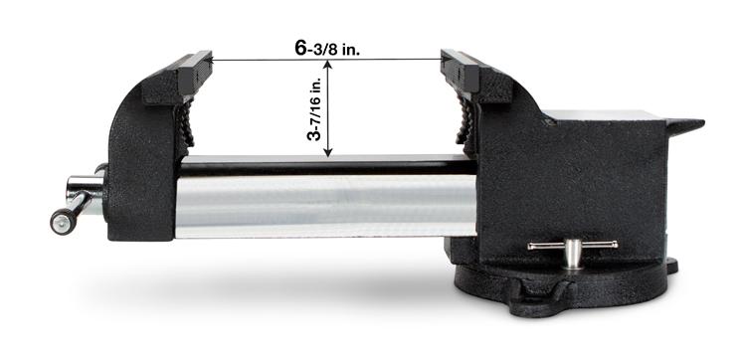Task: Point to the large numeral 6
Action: [298, 47]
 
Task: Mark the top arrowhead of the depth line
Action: [328, 67]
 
